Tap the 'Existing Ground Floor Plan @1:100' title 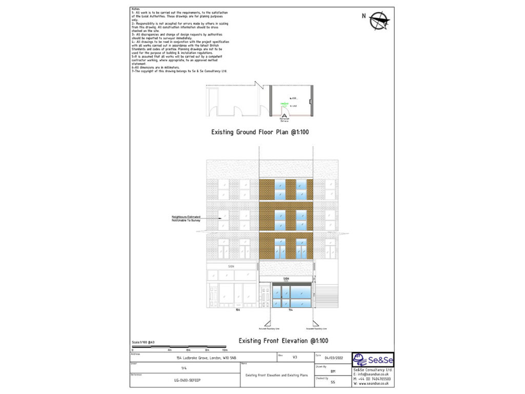(x=260, y=132)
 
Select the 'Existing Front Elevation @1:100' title (x=284, y=341)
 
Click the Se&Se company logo (x=373, y=360)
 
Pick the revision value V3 (x=294, y=357)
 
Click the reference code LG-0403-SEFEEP (x=184, y=381)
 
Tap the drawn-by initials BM (x=333, y=369)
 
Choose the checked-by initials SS (x=333, y=382)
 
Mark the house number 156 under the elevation (x=237, y=310)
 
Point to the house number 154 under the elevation (x=290, y=310)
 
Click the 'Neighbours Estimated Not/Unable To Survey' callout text (x=186, y=219)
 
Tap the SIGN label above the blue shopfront (x=287, y=279)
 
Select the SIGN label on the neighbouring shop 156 (x=231, y=266)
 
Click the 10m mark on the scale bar (x=225, y=349)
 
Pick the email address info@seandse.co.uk (x=374, y=374)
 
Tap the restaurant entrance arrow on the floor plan (x=284, y=115)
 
